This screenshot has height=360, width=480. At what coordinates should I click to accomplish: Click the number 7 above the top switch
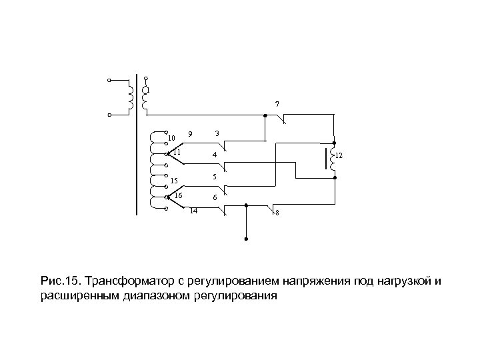pos(277,104)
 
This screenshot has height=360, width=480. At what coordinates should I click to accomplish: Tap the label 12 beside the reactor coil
pos(339,155)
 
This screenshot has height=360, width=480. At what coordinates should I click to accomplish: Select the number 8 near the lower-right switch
pos(277,213)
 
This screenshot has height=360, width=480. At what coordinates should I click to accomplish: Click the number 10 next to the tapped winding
pos(171,138)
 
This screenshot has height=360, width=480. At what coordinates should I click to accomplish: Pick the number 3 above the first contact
pos(217,133)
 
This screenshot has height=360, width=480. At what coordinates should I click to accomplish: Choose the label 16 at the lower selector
pos(178,195)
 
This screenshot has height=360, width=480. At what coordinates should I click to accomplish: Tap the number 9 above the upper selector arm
pos(190,133)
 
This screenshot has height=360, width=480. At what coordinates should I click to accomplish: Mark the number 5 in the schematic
pos(213,177)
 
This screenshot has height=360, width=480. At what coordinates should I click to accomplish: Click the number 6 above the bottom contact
pos(214,198)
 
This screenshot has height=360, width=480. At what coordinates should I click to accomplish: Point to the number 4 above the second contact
pos(214,156)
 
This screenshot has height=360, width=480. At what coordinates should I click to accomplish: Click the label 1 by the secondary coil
pos(148,90)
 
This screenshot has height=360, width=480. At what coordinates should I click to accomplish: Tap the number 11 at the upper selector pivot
pos(177,152)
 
